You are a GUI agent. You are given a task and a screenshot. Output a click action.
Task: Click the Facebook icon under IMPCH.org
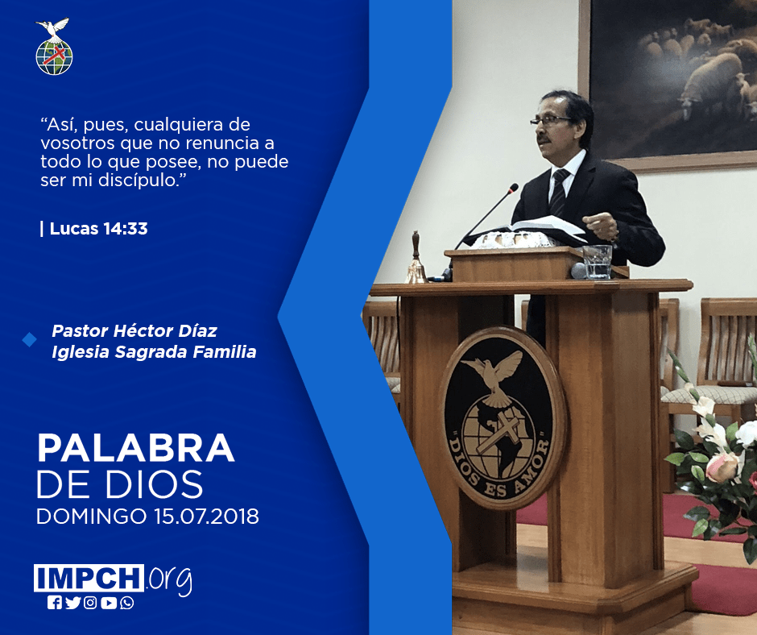pos(54,603)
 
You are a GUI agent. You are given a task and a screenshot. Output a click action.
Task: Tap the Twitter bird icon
pos(72,603)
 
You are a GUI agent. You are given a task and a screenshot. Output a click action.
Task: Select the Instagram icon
pos(90,603)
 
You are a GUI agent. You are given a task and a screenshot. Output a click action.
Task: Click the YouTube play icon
pos(109,603)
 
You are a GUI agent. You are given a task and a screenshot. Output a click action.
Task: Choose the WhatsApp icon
pos(127,603)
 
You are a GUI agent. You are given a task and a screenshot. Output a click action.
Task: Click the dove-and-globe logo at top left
pos(54,47)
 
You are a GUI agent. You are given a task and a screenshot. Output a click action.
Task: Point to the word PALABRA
pos(135,449)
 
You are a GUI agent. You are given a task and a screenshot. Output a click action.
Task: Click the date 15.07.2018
pos(207,516)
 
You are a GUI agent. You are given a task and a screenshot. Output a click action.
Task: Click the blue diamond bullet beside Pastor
pos(30,340)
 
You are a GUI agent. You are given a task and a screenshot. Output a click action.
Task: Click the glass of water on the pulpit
pos(598,262)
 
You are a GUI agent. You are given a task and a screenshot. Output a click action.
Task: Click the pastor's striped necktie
pos(559,193)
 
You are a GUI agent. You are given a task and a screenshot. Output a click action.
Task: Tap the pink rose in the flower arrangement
pos(722,467)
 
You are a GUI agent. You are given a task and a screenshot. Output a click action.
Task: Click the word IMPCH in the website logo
pos(89,578)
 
